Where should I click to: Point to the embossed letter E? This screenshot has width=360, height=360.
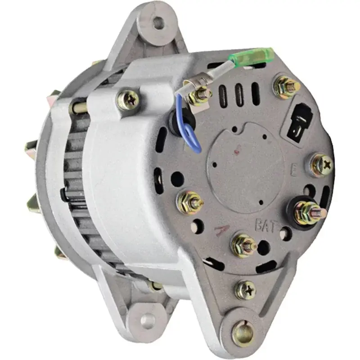(293, 171)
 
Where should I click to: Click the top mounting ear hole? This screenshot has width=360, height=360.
(158, 22)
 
